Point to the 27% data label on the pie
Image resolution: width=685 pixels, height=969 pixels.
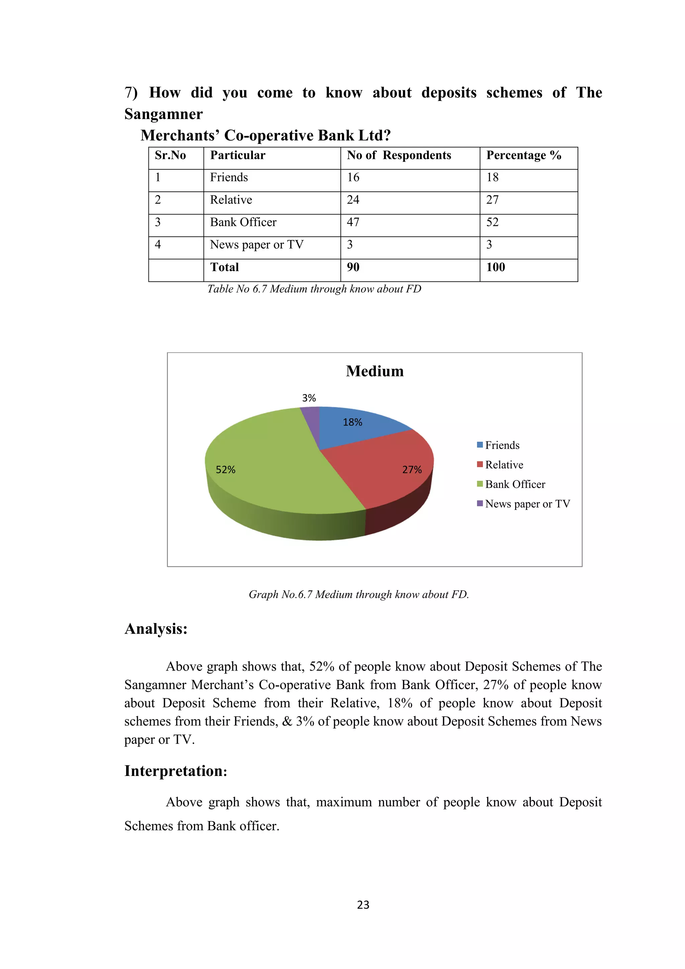tap(412, 470)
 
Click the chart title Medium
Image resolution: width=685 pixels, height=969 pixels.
tap(375, 371)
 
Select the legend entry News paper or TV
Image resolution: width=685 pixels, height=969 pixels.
tap(527, 504)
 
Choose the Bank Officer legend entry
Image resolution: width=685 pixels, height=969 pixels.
tap(515, 484)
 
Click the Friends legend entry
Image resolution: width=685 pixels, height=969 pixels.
tap(502, 445)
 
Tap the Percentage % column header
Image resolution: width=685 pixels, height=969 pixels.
tap(523, 155)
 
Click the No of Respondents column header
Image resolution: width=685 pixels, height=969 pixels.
tap(399, 155)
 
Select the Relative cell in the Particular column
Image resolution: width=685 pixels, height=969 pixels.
tap(231, 200)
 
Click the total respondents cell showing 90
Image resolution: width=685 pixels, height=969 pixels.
tap(353, 267)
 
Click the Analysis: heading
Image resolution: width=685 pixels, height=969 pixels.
tap(156, 628)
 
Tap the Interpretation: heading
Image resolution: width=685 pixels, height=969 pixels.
tap(176, 771)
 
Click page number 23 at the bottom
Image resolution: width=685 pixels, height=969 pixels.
tap(363, 904)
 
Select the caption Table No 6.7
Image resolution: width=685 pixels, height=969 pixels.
tap(314, 289)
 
